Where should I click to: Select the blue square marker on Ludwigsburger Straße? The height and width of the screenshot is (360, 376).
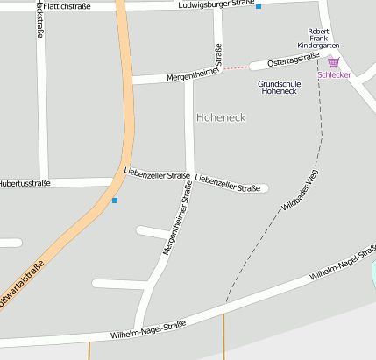259,6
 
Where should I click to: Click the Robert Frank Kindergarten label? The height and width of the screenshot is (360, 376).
318,38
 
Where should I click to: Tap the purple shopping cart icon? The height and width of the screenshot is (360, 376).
333,62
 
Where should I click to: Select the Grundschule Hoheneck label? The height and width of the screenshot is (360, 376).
278,87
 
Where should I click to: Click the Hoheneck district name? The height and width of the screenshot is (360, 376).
221,116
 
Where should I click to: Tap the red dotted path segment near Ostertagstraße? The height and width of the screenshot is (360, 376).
235,67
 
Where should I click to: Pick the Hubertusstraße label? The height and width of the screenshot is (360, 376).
24,184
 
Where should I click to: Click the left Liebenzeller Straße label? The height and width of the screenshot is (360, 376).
157,173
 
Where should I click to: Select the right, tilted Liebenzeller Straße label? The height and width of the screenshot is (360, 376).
227,182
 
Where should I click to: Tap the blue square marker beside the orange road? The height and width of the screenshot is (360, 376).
114,201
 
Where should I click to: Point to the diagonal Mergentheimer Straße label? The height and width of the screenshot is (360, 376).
177,226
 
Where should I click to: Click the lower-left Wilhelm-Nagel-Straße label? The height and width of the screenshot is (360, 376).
148,329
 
